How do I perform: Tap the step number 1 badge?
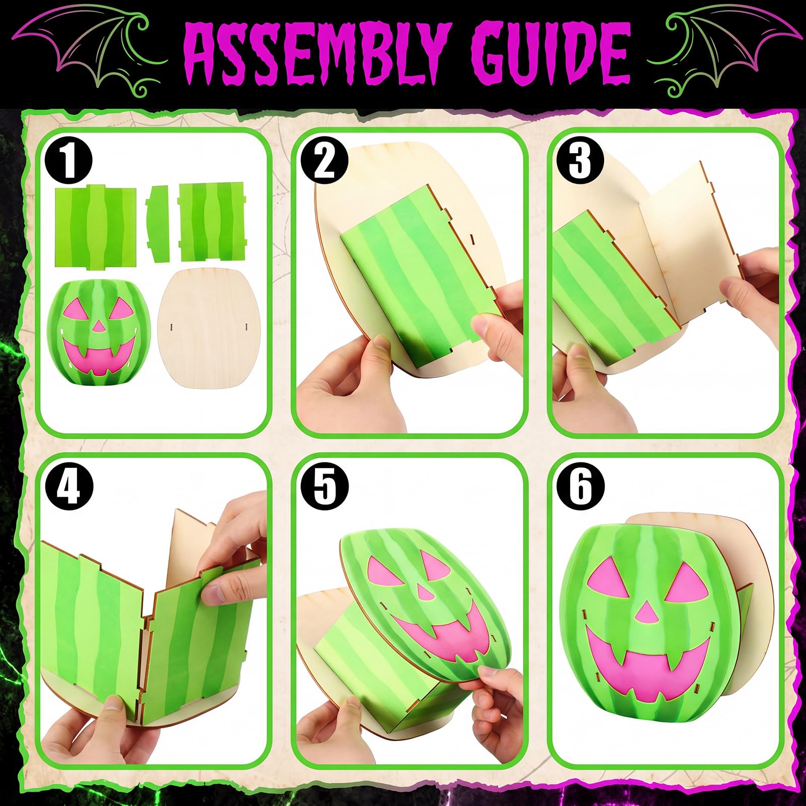coord(69,161)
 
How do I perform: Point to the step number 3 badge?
coord(580,161)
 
